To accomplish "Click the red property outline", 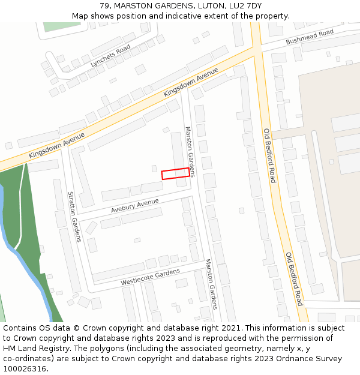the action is (175, 173).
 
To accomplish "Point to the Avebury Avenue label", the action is (135, 206).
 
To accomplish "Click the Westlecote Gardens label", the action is (150, 277).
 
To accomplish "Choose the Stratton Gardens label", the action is (74, 217).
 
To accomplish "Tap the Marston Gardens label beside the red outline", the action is (190, 152).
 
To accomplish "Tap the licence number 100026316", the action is (25, 369).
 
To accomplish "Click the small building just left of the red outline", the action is (154, 169).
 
